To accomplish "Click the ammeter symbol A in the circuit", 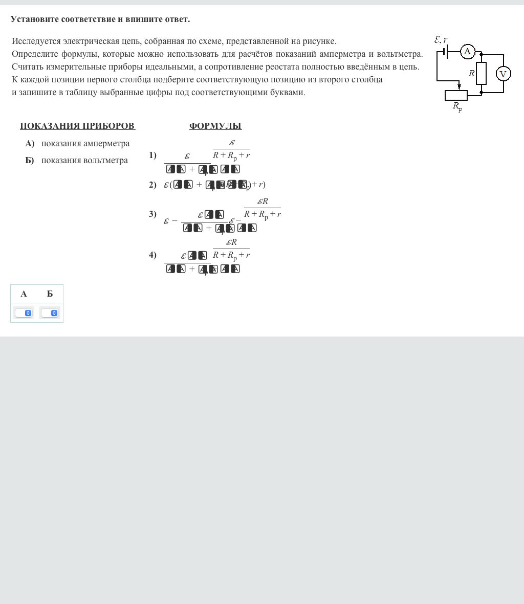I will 467,52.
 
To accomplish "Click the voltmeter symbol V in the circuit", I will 503,74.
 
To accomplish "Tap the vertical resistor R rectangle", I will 481,73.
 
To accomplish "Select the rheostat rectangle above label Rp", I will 456,95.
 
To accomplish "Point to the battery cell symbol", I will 446,52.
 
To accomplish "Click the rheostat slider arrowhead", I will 459,86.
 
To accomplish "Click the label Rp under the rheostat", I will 457,107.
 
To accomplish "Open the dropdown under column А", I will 24,313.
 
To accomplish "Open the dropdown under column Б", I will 50,313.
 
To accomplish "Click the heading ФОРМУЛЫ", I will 215,126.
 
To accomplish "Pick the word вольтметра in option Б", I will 105,161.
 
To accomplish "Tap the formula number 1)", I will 152,155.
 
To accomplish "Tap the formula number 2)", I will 152,185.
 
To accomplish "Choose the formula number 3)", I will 152,214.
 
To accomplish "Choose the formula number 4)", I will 152,255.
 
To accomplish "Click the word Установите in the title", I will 34,19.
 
